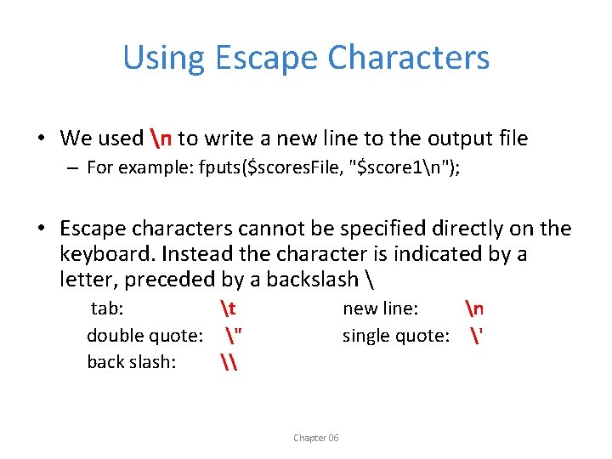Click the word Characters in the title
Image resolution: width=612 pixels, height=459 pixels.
click(x=408, y=58)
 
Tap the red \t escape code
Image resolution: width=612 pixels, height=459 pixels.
click(x=227, y=309)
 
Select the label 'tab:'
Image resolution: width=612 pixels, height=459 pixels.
click(x=109, y=309)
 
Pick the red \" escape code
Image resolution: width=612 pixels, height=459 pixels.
click(x=231, y=336)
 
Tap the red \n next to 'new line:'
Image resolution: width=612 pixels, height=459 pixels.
click(x=473, y=309)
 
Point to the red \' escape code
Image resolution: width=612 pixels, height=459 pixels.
click(x=475, y=336)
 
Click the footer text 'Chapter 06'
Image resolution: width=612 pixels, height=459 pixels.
click(x=315, y=438)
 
